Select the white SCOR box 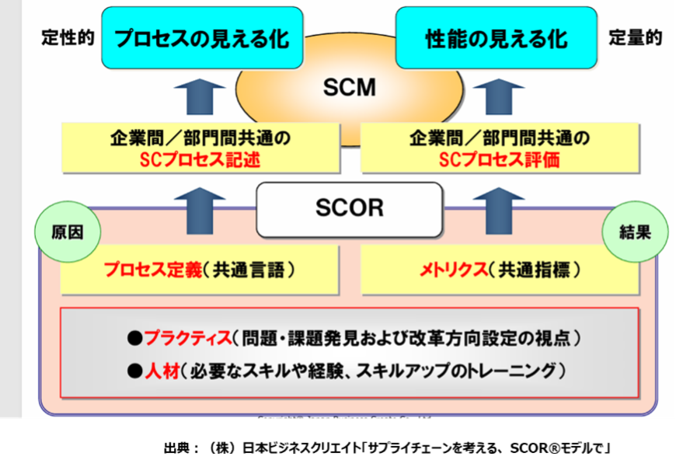pyautogui.click(x=350, y=207)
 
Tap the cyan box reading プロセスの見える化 pyautogui.click(x=201, y=38)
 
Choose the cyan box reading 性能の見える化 pyautogui.click(x=497, y=38)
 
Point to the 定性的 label pyautogui.click(x=68, y=38)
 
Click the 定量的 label pyautogui.click(x=636, y=38)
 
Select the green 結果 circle pyautogui.click(x=635, y=232)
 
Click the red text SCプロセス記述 pyautogui.click(x=200, y=161)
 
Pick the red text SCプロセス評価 pyautogui.click(x=500, y=161)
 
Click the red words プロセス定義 pyautogui.click(x=153, y=270)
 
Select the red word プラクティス pyautogui.click(x=188, y=338)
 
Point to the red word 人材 pyautogui.click(x=161, y=371)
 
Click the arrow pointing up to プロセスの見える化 pyautogui.click(x=200, y=97)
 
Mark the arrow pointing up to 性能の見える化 pyautogui.click(x=499, y=97)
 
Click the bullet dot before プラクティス pyautogui.click(x=134, y=338)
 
